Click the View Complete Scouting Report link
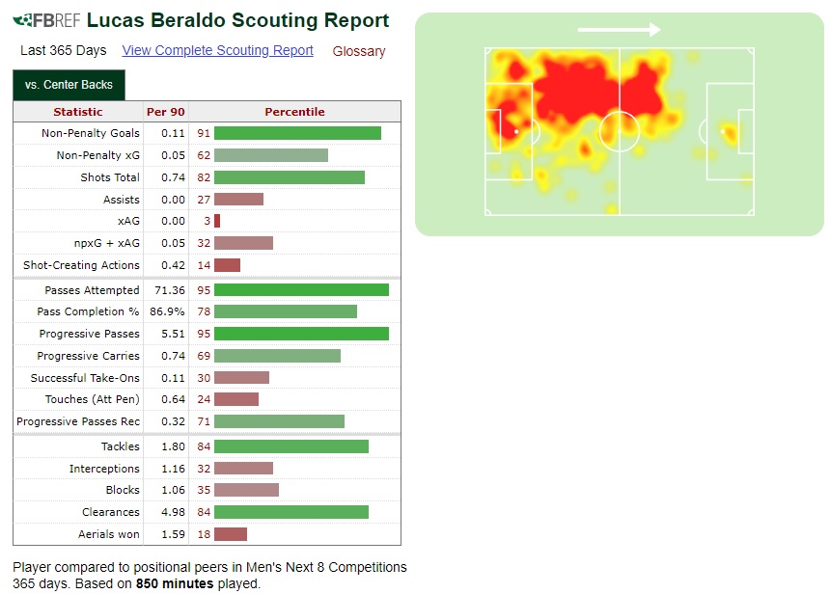click(217, 50)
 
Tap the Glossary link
click(358, 51)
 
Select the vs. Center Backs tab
click(69, 85)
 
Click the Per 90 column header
click(166, 112)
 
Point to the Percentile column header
click(294, 112)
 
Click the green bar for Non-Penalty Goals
click(297, 133)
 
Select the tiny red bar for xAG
click(217, 221)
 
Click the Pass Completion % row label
click(88, 311)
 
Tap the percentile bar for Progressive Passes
click(301, 334)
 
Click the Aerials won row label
click(109, 534)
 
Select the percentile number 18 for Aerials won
click(204, 534)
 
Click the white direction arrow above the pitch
click(619, 30)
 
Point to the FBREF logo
click(46, 20)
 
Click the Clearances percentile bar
click(291, 512)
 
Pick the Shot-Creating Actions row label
click(81, 265)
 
